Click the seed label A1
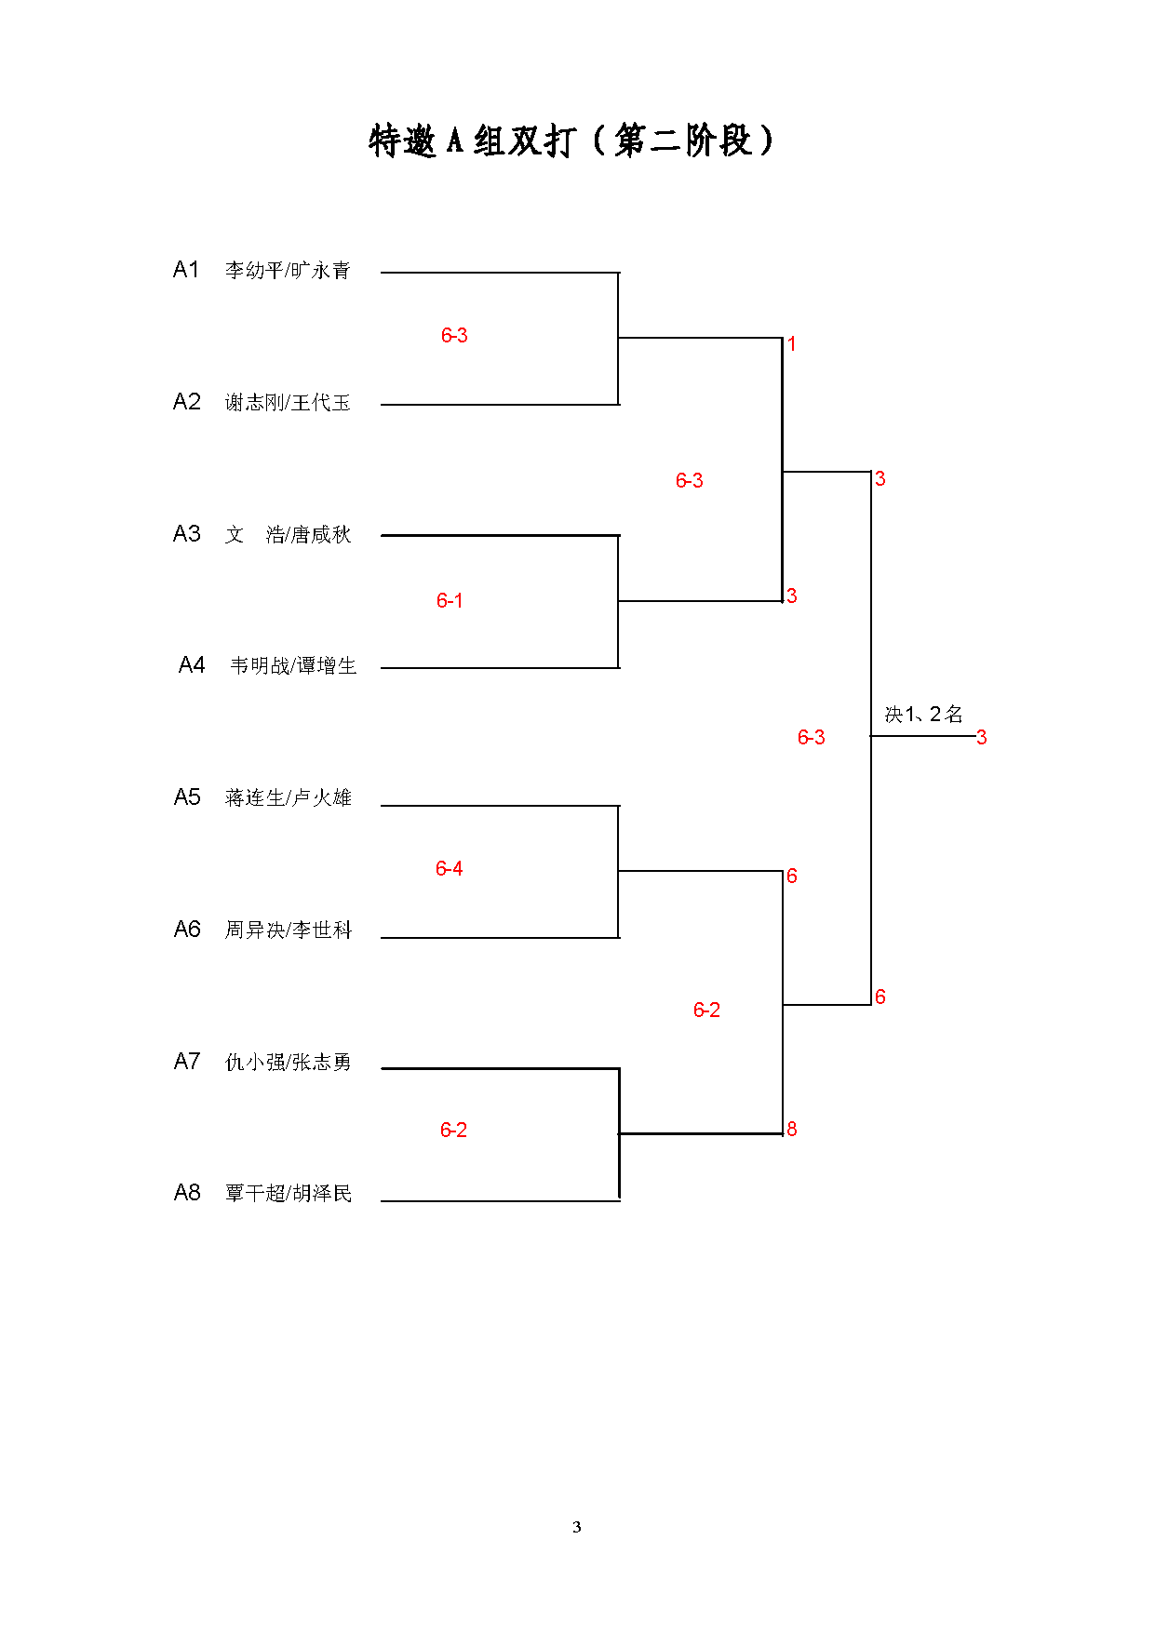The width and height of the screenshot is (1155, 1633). click(186, 270)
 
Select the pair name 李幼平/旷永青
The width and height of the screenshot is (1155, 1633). click(288, 270)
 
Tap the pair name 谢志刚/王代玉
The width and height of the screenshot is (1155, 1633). click(288, 402)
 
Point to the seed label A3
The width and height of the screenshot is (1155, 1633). click(186, 533)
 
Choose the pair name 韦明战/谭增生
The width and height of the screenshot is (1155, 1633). click(293, 665)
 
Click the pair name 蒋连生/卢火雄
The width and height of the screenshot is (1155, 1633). click(289, 797)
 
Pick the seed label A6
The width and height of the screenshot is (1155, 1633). click(187, 929)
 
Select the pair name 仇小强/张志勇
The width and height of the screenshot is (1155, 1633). click(289, 1062)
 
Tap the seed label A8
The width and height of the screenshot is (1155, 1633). click(187, 1192)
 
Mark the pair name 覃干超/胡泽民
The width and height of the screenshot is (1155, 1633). click(289, 1193)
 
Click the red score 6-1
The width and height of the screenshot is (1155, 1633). click(450, 600)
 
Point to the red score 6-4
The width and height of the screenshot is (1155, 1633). click(449, 868)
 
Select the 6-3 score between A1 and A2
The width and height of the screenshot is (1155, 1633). click(454, 335)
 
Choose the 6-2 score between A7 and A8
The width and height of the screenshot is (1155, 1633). click(453, 1130)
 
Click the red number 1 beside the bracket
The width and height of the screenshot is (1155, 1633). click(792, 344)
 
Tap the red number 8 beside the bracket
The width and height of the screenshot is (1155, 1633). click(792, 1129)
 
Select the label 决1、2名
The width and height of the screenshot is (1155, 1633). click(923, 714)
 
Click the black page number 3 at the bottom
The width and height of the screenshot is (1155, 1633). click(577, 1526)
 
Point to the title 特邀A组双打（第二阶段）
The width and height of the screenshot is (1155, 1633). click(571, 141)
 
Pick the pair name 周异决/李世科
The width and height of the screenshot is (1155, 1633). click(289, 930)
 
